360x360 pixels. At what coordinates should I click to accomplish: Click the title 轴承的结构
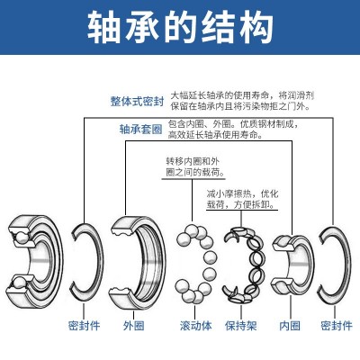click(180, 28)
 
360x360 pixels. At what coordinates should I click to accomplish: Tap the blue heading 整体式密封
click(138, 102)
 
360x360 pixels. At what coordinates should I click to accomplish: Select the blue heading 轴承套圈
click(140, 130)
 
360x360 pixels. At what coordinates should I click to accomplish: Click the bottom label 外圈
click(134, 326)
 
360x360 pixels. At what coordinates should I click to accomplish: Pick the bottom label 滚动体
click(196, 326)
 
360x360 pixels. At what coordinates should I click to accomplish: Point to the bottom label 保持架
click(241, 326)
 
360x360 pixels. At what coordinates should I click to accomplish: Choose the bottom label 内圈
click(290, 326)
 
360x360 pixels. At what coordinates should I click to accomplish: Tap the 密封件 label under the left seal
click(84, 326)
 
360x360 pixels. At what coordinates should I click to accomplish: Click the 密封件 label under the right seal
click(337, 326)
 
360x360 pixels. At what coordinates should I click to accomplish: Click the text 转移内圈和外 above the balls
click(193, 161)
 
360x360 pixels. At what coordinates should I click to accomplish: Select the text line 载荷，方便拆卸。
click(241, 204)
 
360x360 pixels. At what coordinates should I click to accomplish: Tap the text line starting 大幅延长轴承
click(242, 95)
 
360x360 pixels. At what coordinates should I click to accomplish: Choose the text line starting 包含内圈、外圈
click(233, 123)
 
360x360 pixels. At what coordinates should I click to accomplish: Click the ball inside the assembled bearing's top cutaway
click(20, 237)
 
